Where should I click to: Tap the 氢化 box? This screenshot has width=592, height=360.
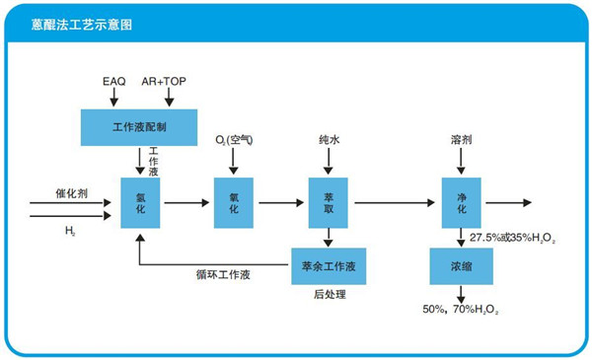pos(139,203)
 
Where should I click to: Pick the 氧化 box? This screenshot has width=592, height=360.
pos(234,203)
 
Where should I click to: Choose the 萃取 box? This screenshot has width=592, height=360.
pos(329,203)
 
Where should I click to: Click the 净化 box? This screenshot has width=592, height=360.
pos(461,203)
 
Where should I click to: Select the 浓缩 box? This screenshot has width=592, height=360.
pos(460,265)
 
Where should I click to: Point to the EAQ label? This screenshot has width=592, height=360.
pos(114,77)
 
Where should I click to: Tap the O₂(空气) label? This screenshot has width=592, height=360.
pos(235,141)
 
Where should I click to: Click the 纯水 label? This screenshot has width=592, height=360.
pos(329,141)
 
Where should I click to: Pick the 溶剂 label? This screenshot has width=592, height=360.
pos(461,141)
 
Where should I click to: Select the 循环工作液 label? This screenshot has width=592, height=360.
pos(222,274)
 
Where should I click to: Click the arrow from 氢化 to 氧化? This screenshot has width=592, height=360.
pos(186,203)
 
